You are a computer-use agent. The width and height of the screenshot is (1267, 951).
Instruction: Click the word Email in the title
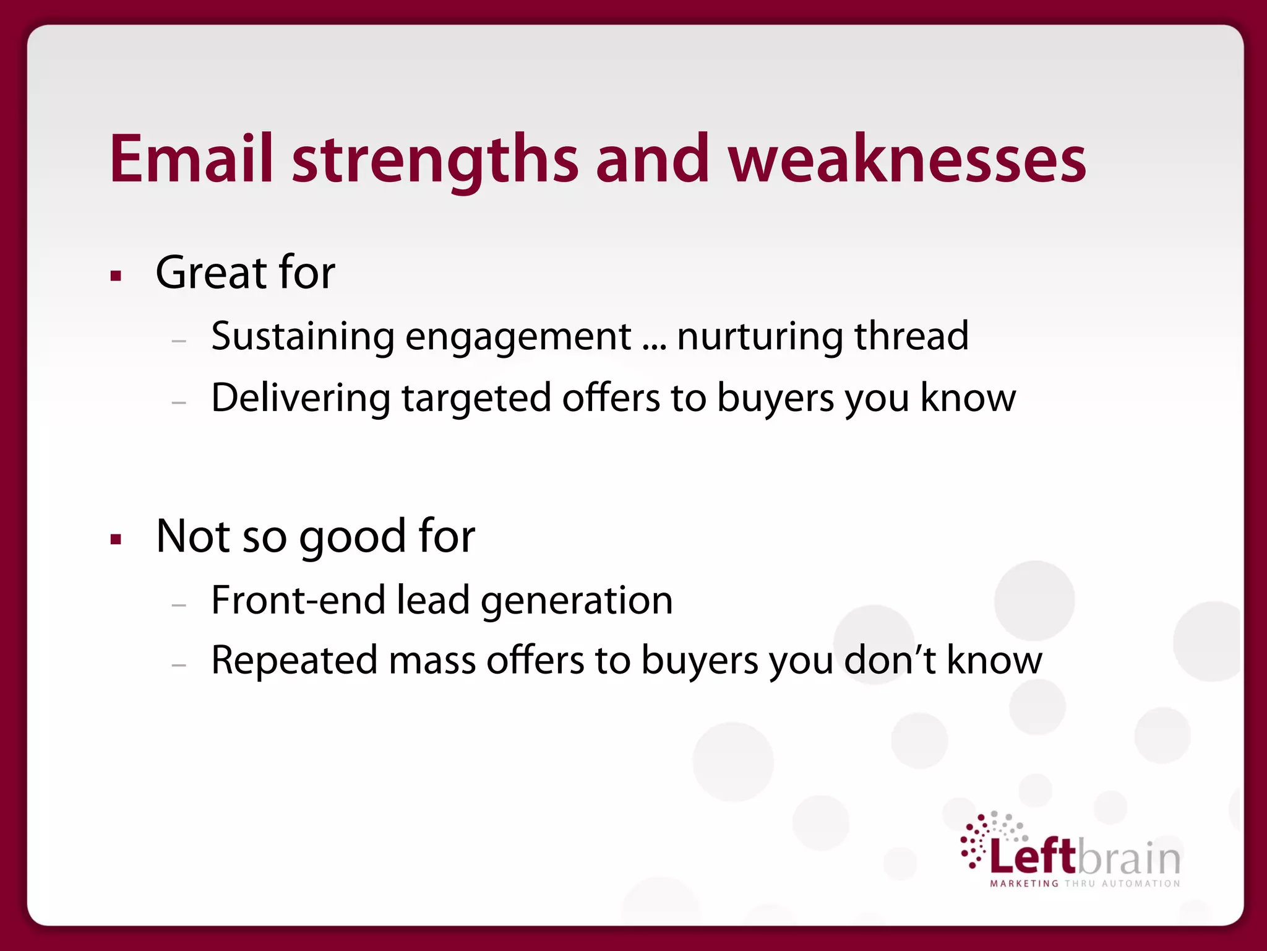[x=191, y=159]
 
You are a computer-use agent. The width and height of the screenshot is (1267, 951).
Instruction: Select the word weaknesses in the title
[x=907, y=159]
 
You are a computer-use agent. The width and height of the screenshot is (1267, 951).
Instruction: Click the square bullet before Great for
[x=116, y=276]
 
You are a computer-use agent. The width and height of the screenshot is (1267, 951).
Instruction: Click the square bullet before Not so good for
[x=116, y=539]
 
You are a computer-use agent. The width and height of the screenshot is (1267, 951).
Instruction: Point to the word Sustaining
[x=303, y=337]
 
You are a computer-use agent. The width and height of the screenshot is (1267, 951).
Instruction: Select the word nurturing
[x=760, y=337]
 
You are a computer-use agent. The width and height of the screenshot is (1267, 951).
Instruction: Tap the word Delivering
[x=301, y=397]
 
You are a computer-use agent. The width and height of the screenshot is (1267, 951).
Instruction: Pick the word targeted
[x=476, y=397]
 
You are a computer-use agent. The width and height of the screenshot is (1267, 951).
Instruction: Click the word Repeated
[x=294, y=660]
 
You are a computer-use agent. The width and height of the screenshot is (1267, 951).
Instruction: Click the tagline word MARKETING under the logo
[x=1024, y=884]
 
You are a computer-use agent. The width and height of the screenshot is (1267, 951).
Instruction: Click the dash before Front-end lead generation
[x=179, y=605]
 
